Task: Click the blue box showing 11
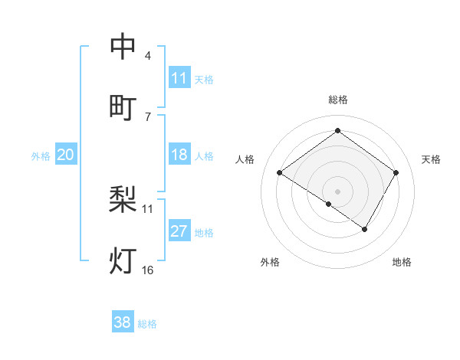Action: coord(179,78)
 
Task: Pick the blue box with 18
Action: coord(179,155)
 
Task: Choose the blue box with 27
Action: coord(179,231)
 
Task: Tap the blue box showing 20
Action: coord(65,155)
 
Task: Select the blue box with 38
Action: coord(122,322)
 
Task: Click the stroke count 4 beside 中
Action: coord(147,56)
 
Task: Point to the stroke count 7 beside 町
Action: coord(147,116)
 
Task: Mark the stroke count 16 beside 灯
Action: coord(147,270)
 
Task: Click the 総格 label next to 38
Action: coord(147,324)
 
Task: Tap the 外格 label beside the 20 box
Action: coord(41,156)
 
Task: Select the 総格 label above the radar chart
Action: coord(337,100)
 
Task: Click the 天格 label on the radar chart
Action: coord(431,159)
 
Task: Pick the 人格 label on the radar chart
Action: coord(245,159)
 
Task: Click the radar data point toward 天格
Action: coord(396,172)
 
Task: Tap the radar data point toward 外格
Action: coord(329,204)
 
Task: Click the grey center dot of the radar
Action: coord(337,191)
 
